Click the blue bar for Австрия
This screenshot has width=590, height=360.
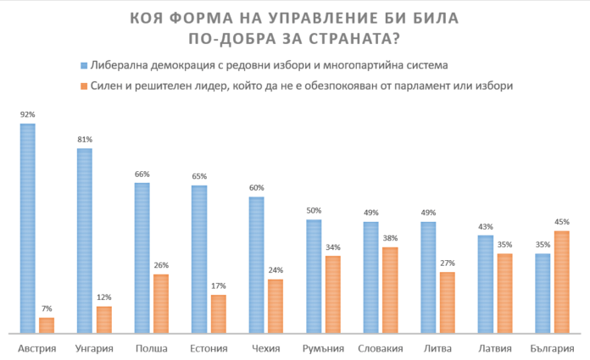point(28,229)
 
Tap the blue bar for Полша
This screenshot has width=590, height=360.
point(142,258)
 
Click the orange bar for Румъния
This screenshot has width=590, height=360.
point(333,294)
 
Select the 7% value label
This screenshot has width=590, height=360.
point(47,310)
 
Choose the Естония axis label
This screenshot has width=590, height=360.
point(209,348)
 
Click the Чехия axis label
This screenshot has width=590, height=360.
point(266,348)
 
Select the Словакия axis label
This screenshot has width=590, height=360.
point(380,348)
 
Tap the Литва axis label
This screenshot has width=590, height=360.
point(437,348)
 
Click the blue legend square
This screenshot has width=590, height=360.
point(84,65)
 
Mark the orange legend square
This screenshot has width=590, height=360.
point(84,86)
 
